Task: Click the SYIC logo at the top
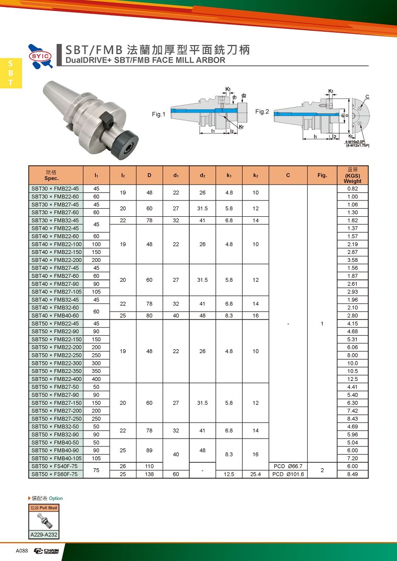41,55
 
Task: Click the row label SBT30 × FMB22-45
55,188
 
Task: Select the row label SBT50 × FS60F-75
55,474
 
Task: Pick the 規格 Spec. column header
52,175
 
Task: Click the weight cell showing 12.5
352,379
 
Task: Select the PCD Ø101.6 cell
288,474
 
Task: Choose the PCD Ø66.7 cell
288,466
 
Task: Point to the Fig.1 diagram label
158,115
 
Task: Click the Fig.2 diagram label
262,112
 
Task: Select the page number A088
22,551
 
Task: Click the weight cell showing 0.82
352,188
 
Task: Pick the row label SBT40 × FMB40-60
55,315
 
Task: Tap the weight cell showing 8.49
352,474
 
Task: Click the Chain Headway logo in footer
46,551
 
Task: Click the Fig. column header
322,175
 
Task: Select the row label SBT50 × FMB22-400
55,379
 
